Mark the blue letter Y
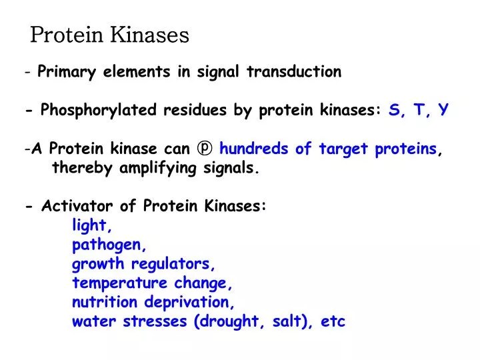pyautogui.click(x=443, y=111)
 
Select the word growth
pyautogui.click(x=99, y=265)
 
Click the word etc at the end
pyautogui.click(x=333, y=322)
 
